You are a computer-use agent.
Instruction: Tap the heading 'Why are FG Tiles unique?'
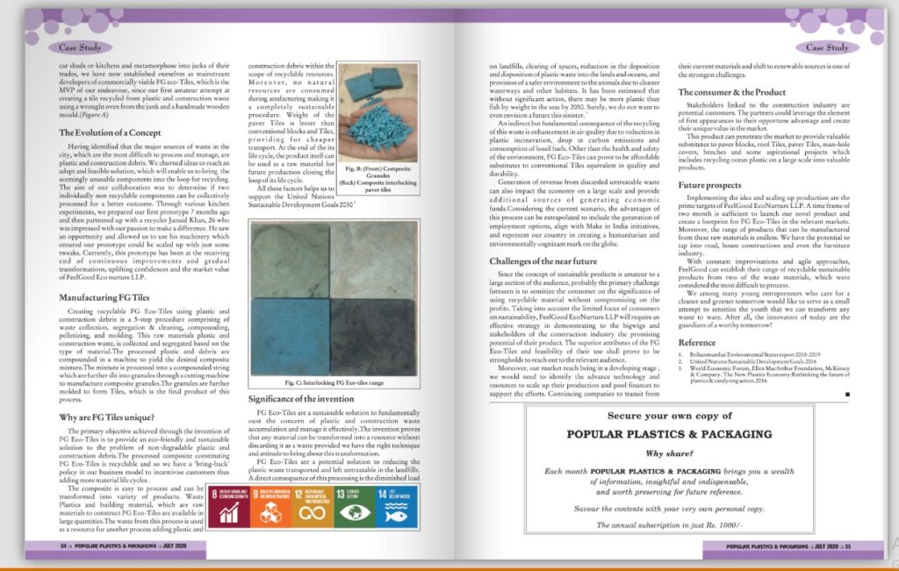[x=104, y=418]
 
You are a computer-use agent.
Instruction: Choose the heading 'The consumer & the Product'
[x=731, y=92]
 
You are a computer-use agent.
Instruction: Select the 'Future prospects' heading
[x=712, y=186]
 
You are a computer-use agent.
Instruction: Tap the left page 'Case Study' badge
[x=80, y=47]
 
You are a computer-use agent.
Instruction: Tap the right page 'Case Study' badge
[x=826, y=47]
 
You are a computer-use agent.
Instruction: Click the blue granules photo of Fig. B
[x=378, y=112]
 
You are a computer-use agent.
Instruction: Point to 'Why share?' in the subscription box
[x=667, y=453]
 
